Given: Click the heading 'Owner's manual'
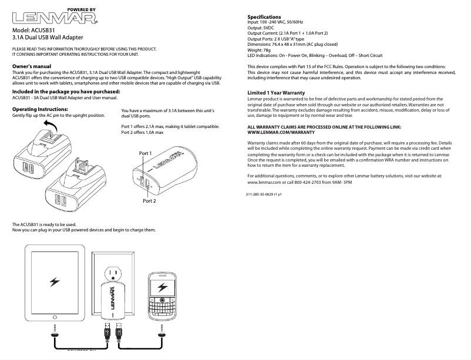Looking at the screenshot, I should (32, 66).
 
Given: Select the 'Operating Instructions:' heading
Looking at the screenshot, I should (39, 109).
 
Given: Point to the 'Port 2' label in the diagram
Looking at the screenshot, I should (149, 201).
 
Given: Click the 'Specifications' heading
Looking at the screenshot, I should (264, 16).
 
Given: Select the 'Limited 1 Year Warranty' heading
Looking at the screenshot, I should (276, 93).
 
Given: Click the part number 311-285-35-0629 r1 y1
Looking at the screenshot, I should (264, 194).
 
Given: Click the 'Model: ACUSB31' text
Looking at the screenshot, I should (34, 30).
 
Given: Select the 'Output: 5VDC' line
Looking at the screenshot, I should (261, 28).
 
